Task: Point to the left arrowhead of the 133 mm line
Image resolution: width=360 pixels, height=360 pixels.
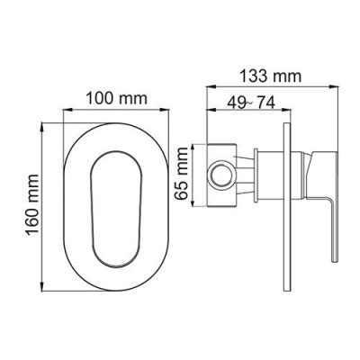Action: click(210, 87)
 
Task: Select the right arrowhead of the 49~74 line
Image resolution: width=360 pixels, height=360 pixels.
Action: click(290, 112)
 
